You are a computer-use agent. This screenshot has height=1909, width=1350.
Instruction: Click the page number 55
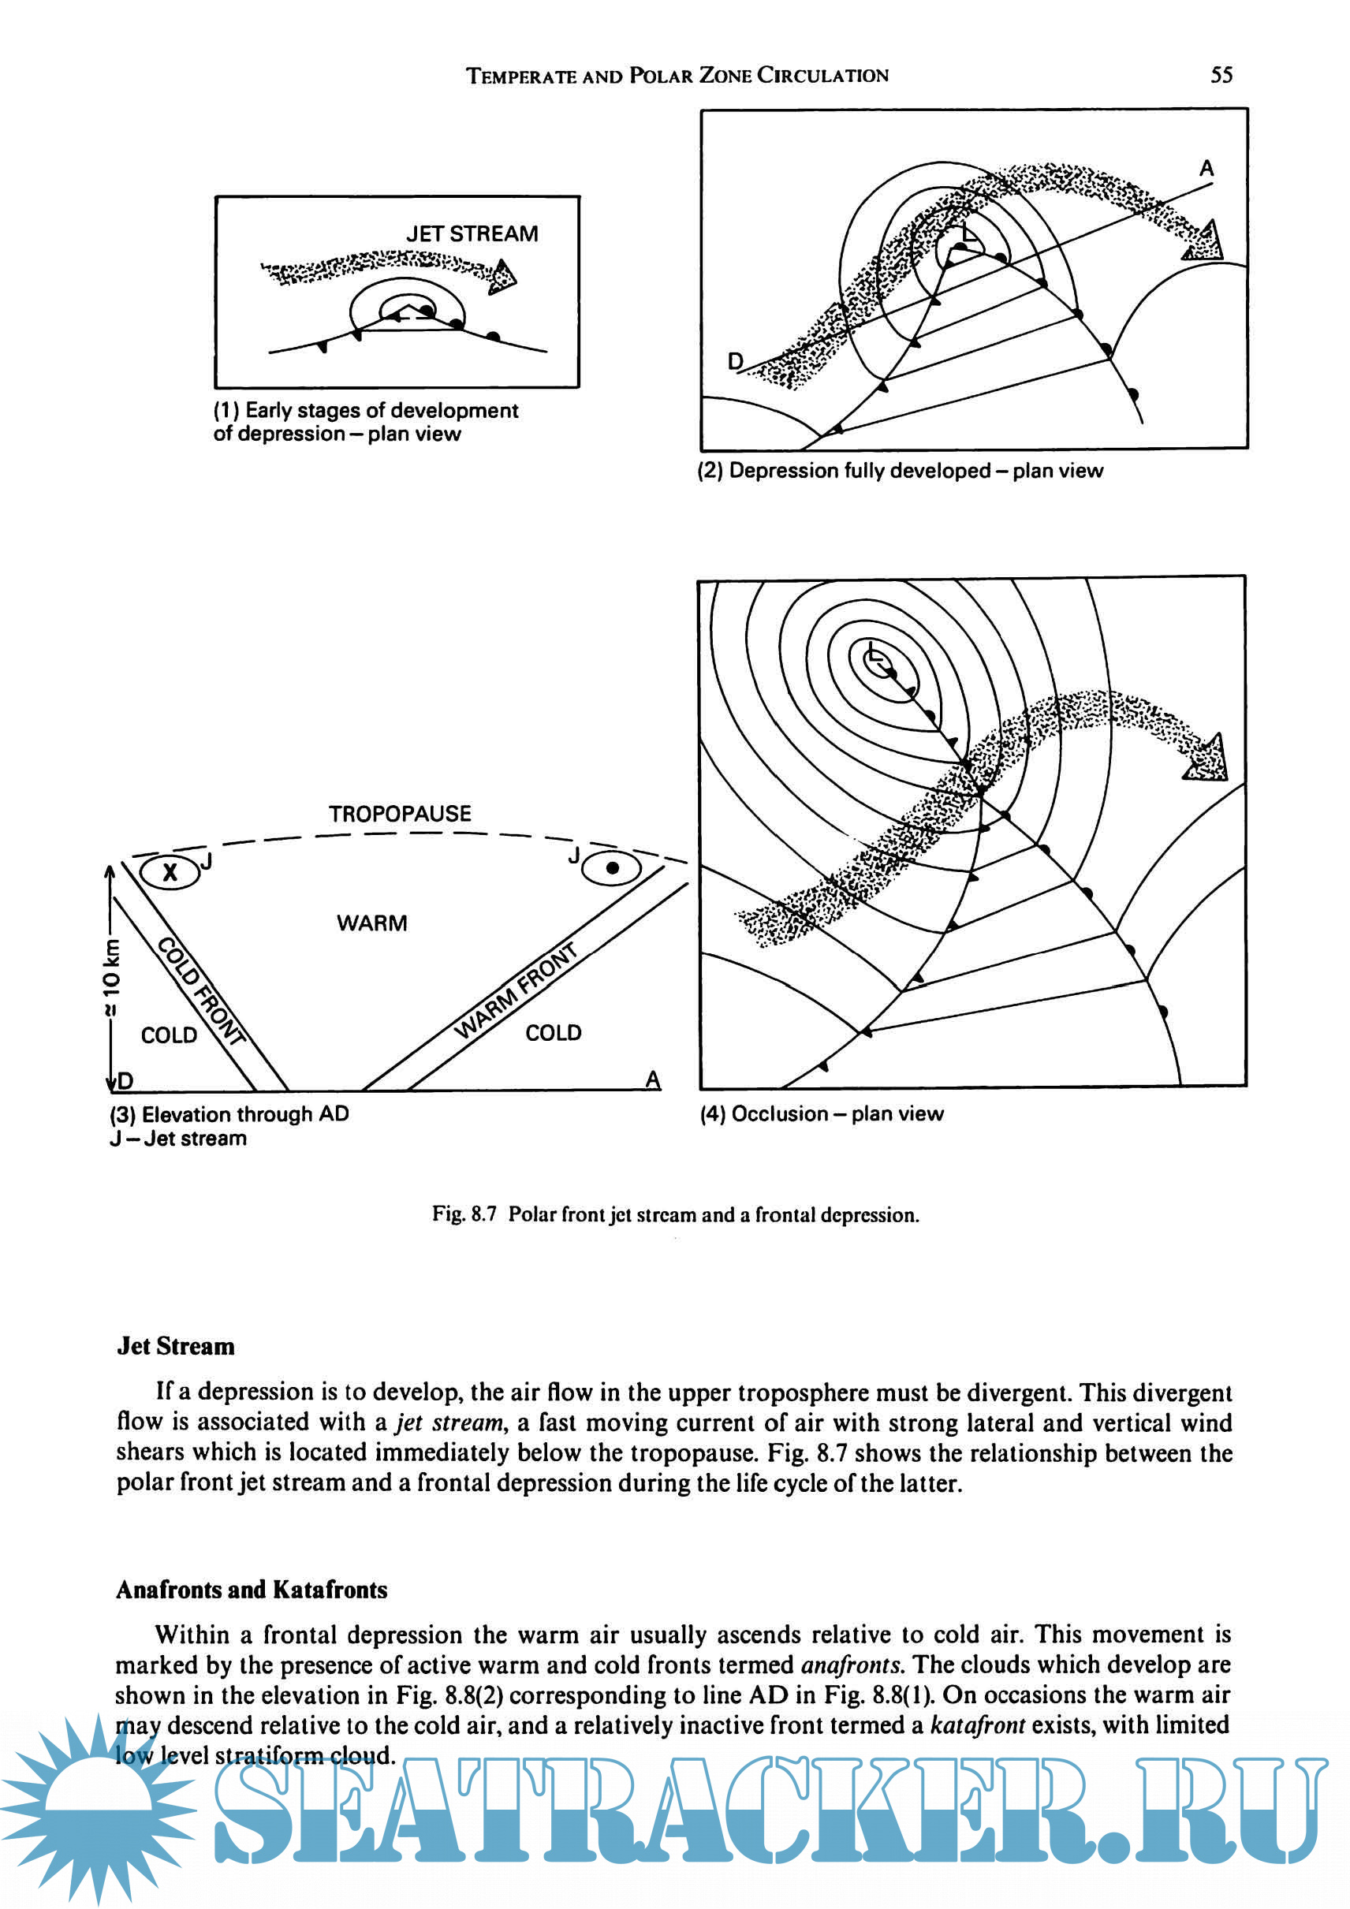(1221, 75)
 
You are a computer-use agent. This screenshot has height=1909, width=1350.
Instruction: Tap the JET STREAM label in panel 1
(472, 233)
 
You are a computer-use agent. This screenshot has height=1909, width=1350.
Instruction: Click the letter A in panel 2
(1206, 169)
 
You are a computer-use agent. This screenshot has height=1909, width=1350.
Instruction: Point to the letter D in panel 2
(736, 361)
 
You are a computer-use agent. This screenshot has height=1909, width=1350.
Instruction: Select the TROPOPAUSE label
(399, 813)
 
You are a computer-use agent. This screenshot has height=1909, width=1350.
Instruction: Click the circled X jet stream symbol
(170, 872)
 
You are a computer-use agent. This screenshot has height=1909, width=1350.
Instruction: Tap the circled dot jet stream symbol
(612, 868)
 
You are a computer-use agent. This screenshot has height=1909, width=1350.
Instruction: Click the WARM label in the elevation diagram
(371, 923)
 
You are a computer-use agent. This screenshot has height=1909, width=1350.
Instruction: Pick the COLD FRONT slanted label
(202, 990)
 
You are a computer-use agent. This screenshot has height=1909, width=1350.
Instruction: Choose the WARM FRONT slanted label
(516, 990)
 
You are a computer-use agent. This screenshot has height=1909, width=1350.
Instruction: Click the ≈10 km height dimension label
(111, 977)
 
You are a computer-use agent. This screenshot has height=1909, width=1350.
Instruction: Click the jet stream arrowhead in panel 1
(502, 276)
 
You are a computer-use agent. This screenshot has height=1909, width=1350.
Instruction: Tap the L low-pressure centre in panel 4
(872, 654)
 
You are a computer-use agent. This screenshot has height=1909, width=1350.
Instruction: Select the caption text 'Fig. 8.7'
(464, 1215)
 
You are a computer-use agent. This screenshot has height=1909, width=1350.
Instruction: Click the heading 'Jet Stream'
(175, 1346)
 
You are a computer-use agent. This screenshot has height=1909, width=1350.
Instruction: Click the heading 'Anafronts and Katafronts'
(251, 1590)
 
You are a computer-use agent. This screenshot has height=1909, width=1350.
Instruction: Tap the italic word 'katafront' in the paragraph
(977, 1725)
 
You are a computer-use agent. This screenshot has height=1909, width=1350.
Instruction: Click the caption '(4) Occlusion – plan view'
(822, 1114)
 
